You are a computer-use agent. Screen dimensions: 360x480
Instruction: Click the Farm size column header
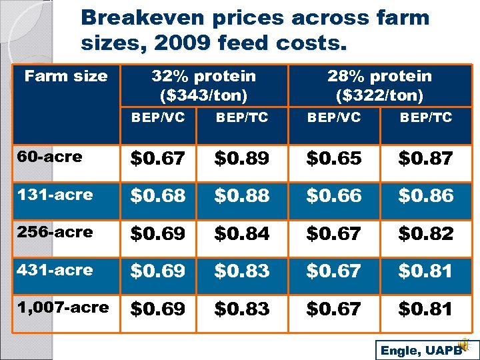pos(66,76)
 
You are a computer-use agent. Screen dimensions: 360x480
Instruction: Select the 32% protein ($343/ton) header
pos(203,86)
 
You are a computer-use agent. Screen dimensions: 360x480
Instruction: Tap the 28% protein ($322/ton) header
pos(379,86)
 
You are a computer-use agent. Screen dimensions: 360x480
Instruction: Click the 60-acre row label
pos(51,157)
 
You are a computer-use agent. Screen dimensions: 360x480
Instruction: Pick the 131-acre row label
pos(55,195)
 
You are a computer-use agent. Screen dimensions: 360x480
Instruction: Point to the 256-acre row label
pos(55,233)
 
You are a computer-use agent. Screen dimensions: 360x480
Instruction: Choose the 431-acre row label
pos(55,270)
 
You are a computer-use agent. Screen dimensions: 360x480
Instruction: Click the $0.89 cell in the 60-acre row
pos(241,159)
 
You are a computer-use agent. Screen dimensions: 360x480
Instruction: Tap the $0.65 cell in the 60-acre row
pos(333,159)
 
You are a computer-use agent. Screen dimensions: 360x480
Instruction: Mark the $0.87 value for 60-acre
pos(425,159)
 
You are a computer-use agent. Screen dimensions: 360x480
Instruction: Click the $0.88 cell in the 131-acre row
pos(241,196)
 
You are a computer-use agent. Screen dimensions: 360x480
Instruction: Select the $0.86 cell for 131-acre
pos(425,196)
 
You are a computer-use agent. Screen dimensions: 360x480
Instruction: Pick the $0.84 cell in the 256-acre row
pos(241,234)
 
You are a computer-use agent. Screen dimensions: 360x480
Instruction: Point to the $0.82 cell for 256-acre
pos(425,234)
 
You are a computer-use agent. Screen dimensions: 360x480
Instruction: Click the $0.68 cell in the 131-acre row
pos(157,196)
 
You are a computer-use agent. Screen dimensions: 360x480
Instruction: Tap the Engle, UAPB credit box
pos(420,350)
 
